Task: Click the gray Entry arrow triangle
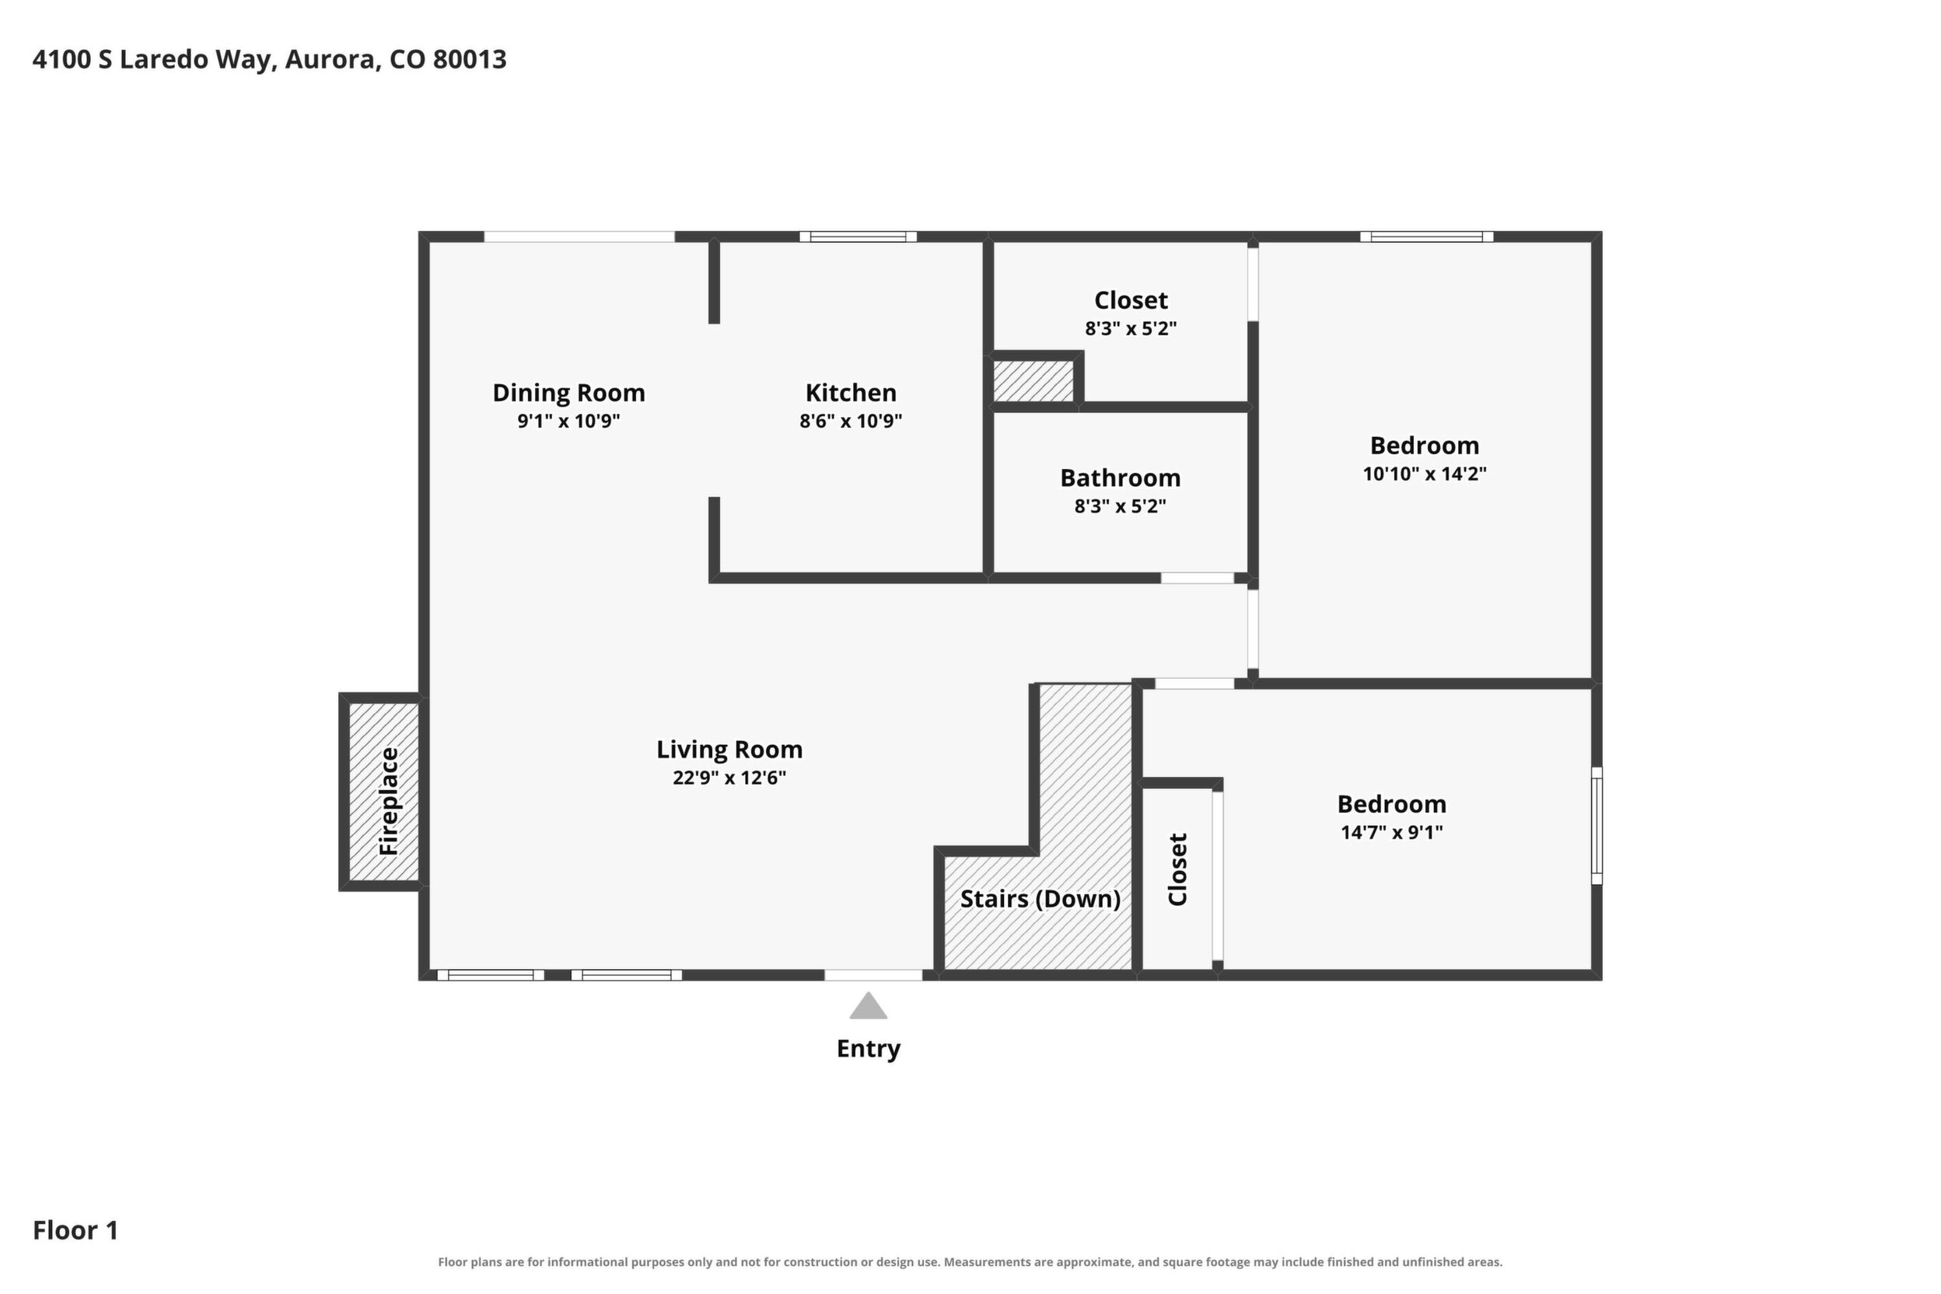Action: pyautogui.click(x=868, y=1006)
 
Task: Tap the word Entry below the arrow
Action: pyautogui.click(x=868, y=1049)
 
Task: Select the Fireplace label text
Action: pyautogui.click(x=389, y=801)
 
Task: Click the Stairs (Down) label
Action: pyautogui.click(x=1040, y=899)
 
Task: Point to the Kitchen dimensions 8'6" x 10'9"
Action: pyautogui.click(x=851, y=421)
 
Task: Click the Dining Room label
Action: pyautogui.click(x=568, y=393)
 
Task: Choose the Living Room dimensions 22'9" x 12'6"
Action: pyautogui.click(x=729, y=778)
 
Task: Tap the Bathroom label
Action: pyautogui.click(x=1120, y=477)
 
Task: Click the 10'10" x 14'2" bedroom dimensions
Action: pyautogui.click(x=1425, y=474)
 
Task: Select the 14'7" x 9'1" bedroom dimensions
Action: pyautogui.click(x=1391, y=832)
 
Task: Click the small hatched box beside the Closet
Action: pyautogui.click(x=1033, y=381)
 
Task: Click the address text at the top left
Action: pyautogui.click(x=269, y=59)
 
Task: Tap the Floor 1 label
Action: pyautogui.click(x=75, y=1230)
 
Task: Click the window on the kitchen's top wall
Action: pyautogui.click(x=859, y=237)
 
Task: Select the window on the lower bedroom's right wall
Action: pyautogui.click(x=1597, y=825)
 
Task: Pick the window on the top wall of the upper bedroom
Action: pyautogui.click(x=1427, y=237)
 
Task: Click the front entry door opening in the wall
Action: pyautogui.click(x=873, y=974)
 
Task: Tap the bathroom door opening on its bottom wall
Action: pyautogui.click(x=1198, y=578)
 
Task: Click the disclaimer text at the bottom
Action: pyautogui.click(x=970, y=1262)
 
